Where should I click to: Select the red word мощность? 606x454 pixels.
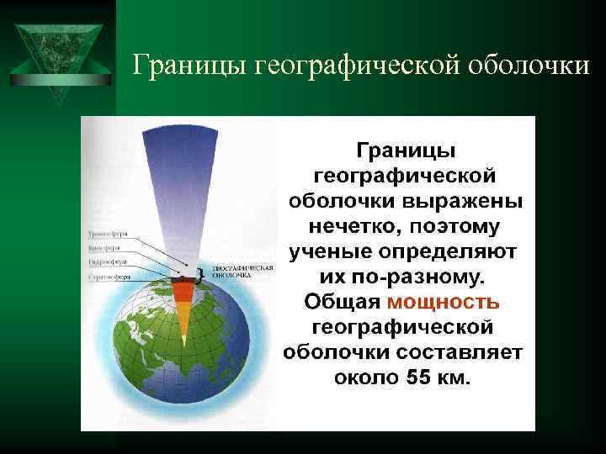[x=444, y=301]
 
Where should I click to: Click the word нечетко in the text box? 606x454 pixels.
[x=344, y=227]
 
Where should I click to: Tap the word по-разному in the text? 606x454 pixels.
[x=417, y=277]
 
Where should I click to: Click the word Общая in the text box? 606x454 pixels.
[x=343, y=301]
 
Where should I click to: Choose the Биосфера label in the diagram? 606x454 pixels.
[x=103, y=248]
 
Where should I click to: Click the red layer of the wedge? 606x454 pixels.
[x=183, y=291]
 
